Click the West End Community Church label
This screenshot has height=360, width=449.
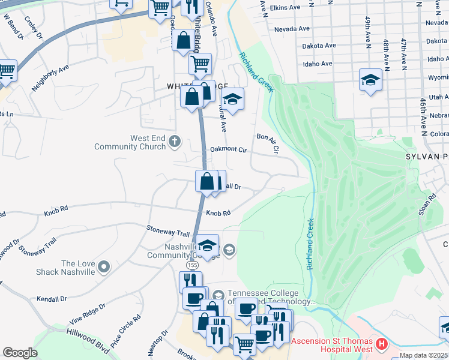point(131,142)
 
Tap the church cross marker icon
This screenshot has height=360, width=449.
point(175,142)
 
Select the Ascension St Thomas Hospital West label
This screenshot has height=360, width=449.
point(332,344)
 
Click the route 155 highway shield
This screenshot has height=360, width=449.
point(192,264)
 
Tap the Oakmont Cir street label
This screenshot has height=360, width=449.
point(228,150)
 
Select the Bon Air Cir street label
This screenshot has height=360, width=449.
point(268,144)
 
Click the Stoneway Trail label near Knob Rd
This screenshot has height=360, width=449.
point(168,229)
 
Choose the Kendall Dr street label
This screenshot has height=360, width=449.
point(51,299)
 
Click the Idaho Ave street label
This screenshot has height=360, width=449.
point(318,64)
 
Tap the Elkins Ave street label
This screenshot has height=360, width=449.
point(286,8)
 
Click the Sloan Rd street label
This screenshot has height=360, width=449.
point(427,205)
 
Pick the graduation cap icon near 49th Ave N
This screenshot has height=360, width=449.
point(370,80)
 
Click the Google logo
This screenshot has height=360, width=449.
point(20,353)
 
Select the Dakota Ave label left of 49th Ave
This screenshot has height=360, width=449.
point(319,46)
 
